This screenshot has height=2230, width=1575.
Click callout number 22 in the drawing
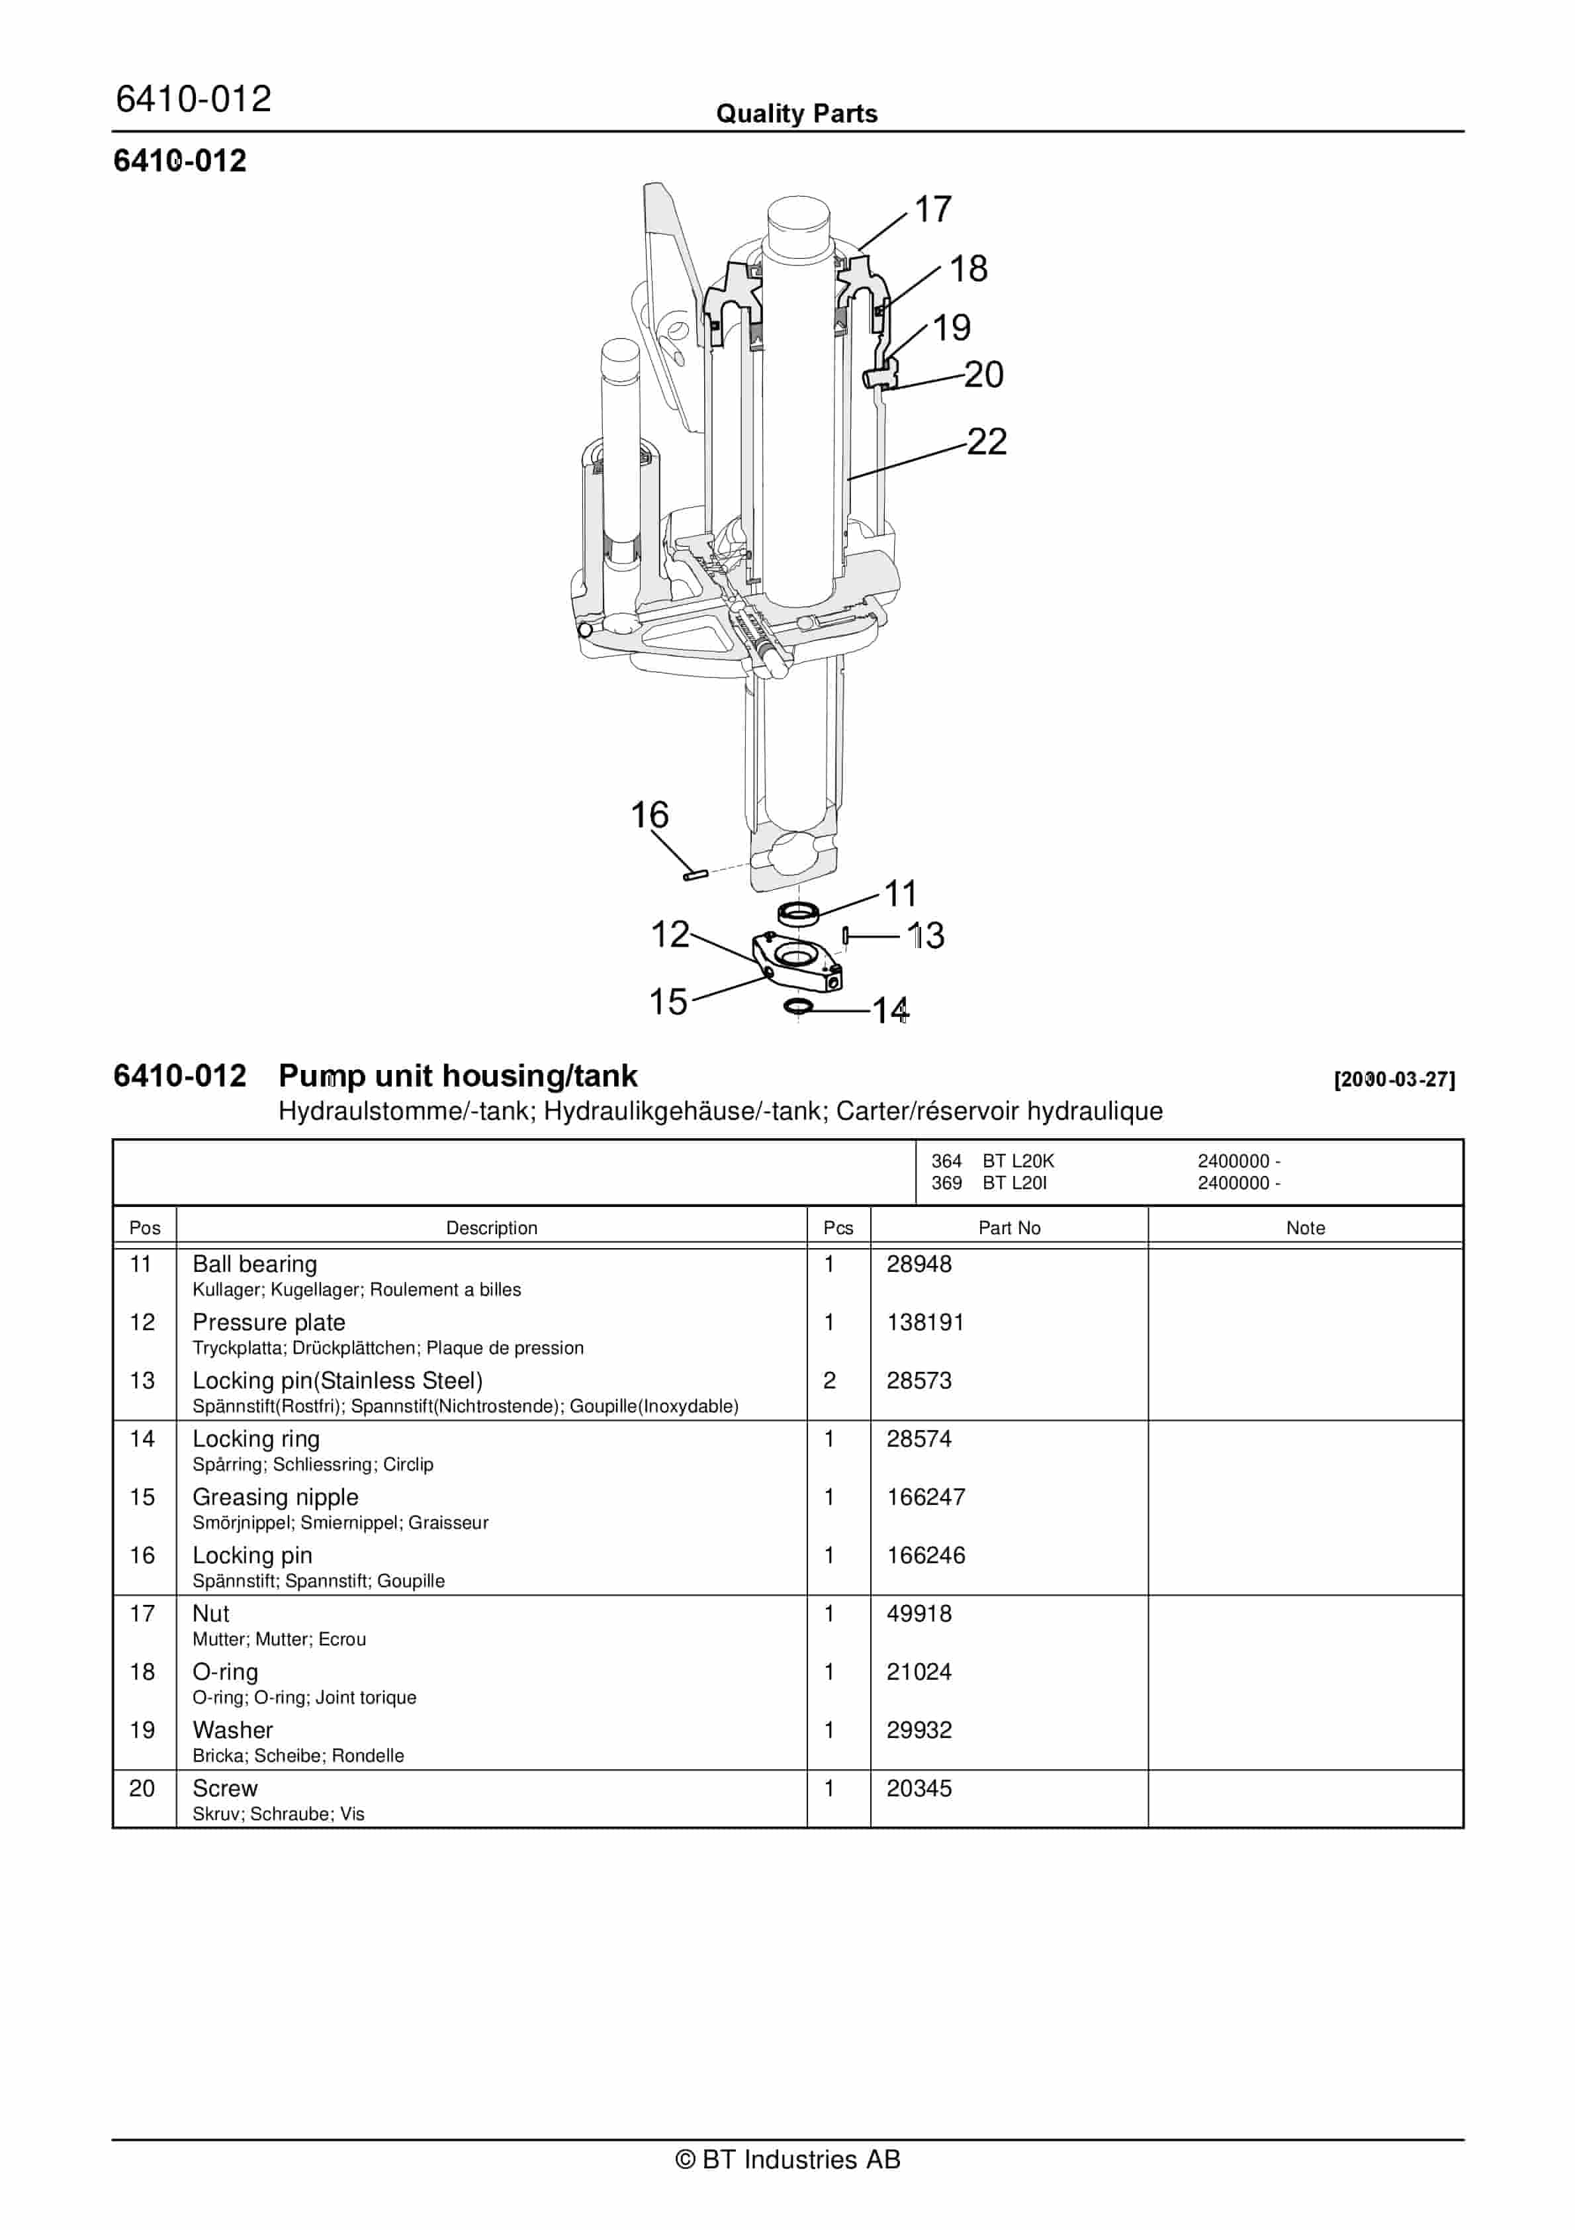coord(987,442)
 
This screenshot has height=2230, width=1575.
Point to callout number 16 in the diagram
coord(650,815)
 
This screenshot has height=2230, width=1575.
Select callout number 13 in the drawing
coord(925,936)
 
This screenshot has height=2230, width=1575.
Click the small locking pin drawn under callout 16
coord(694,875)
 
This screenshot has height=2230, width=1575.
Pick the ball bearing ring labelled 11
coord(798,913)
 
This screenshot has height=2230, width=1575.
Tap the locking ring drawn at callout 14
coord(798,1005)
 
